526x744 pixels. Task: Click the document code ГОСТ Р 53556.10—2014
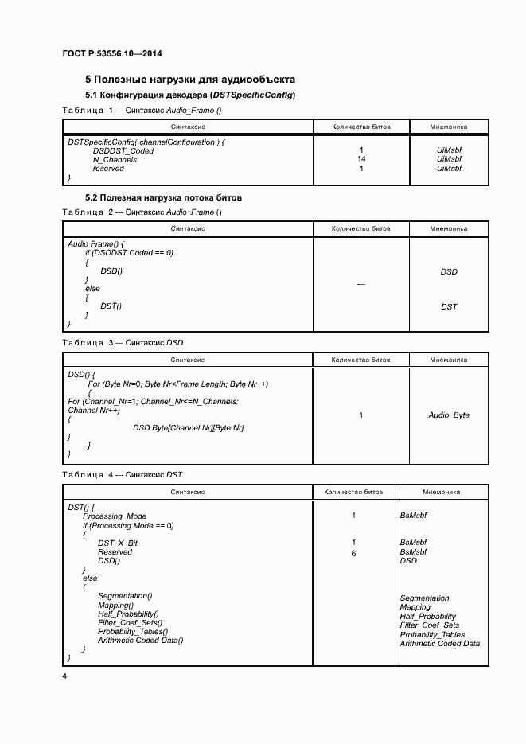tap(117, 54)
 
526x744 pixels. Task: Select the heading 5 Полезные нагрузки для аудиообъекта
tap(190, 80)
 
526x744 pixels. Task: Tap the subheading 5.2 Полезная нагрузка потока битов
tap(163, 197)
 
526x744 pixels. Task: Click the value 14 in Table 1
tap(361, 159)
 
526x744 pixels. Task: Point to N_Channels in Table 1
tap(115, 159)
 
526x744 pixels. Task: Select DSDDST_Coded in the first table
tap(123, 150)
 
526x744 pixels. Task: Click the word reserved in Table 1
tap(108, 169)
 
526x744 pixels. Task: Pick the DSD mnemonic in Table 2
tap(449, 272)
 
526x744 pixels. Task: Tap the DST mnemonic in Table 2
tap(449, 306)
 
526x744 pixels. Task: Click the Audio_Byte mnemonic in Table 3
tap(449, 415)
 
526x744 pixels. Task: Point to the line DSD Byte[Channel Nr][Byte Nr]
tap(189, 428)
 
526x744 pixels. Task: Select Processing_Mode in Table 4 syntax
tap(115, 516)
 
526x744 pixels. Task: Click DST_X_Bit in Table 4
tap(118, 543)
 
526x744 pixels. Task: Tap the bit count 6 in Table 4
tap(353, 552)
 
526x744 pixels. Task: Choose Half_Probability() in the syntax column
tap(129, 614)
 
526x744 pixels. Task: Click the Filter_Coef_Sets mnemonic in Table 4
tap(430, 625)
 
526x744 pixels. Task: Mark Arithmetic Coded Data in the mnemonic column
tap(440, 644)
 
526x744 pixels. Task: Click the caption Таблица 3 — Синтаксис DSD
tap(123, 342)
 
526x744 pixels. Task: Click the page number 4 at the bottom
tap(64, 676)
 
